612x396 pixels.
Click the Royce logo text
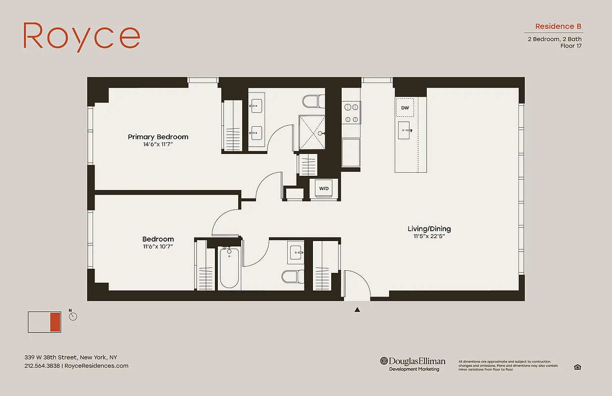click(82, 36)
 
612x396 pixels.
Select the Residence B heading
click(558, 26)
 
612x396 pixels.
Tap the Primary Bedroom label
click(158, 137)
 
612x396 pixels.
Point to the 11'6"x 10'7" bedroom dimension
click(158, 246)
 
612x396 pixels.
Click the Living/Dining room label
click(429, 229)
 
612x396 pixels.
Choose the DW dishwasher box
click(405, 107)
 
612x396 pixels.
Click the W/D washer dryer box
click(324, 189)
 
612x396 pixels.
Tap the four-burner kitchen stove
click(351, 112)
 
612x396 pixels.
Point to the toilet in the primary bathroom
click(313, 101)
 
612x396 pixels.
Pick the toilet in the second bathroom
click(292, 276)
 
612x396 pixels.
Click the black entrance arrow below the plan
click(357, 310)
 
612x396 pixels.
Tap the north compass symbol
click(73, 316)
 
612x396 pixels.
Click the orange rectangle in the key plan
click(55, 322)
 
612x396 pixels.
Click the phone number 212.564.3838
click(42, 366)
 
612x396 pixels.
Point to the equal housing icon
click(577, 367)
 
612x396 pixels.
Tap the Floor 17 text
click(571, 46)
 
